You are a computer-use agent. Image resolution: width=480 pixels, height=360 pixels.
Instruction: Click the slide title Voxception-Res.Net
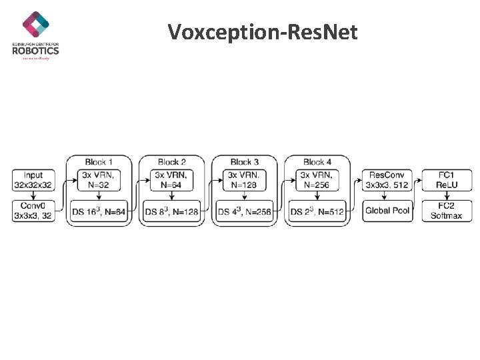[x=263, y=31]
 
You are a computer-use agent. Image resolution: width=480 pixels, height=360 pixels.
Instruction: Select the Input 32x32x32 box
[x=33, y=180]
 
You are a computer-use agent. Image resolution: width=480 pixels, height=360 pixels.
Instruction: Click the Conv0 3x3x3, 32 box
[x=33, y=211]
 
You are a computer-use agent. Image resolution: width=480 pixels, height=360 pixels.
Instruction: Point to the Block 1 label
[x=99, y=162]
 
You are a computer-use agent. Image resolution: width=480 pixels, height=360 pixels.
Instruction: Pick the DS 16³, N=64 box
[x=99, y=212]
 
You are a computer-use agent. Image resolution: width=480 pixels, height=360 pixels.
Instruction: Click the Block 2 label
[x=172, y=162]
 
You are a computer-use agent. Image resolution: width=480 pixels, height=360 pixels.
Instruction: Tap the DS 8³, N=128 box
[x=172, y=212]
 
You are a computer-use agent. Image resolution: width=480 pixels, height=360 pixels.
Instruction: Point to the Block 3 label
[x=245, y=162]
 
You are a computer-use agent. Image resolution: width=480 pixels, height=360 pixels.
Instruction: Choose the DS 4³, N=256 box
[x=245, y=212]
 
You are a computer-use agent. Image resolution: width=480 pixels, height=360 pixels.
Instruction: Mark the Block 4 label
[x=317, y=162]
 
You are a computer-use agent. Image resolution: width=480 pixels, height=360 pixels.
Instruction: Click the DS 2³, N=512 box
[x=317, y=212]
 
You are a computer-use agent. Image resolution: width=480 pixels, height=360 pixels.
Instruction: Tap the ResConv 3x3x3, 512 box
[x=387, y=180]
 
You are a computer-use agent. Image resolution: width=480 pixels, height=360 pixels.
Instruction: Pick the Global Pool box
[x=387, y=211]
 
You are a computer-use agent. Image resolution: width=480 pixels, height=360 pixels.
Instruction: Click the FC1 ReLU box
[x=447, y=180]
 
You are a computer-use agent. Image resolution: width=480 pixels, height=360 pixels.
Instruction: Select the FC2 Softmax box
[x=447, y=211]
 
